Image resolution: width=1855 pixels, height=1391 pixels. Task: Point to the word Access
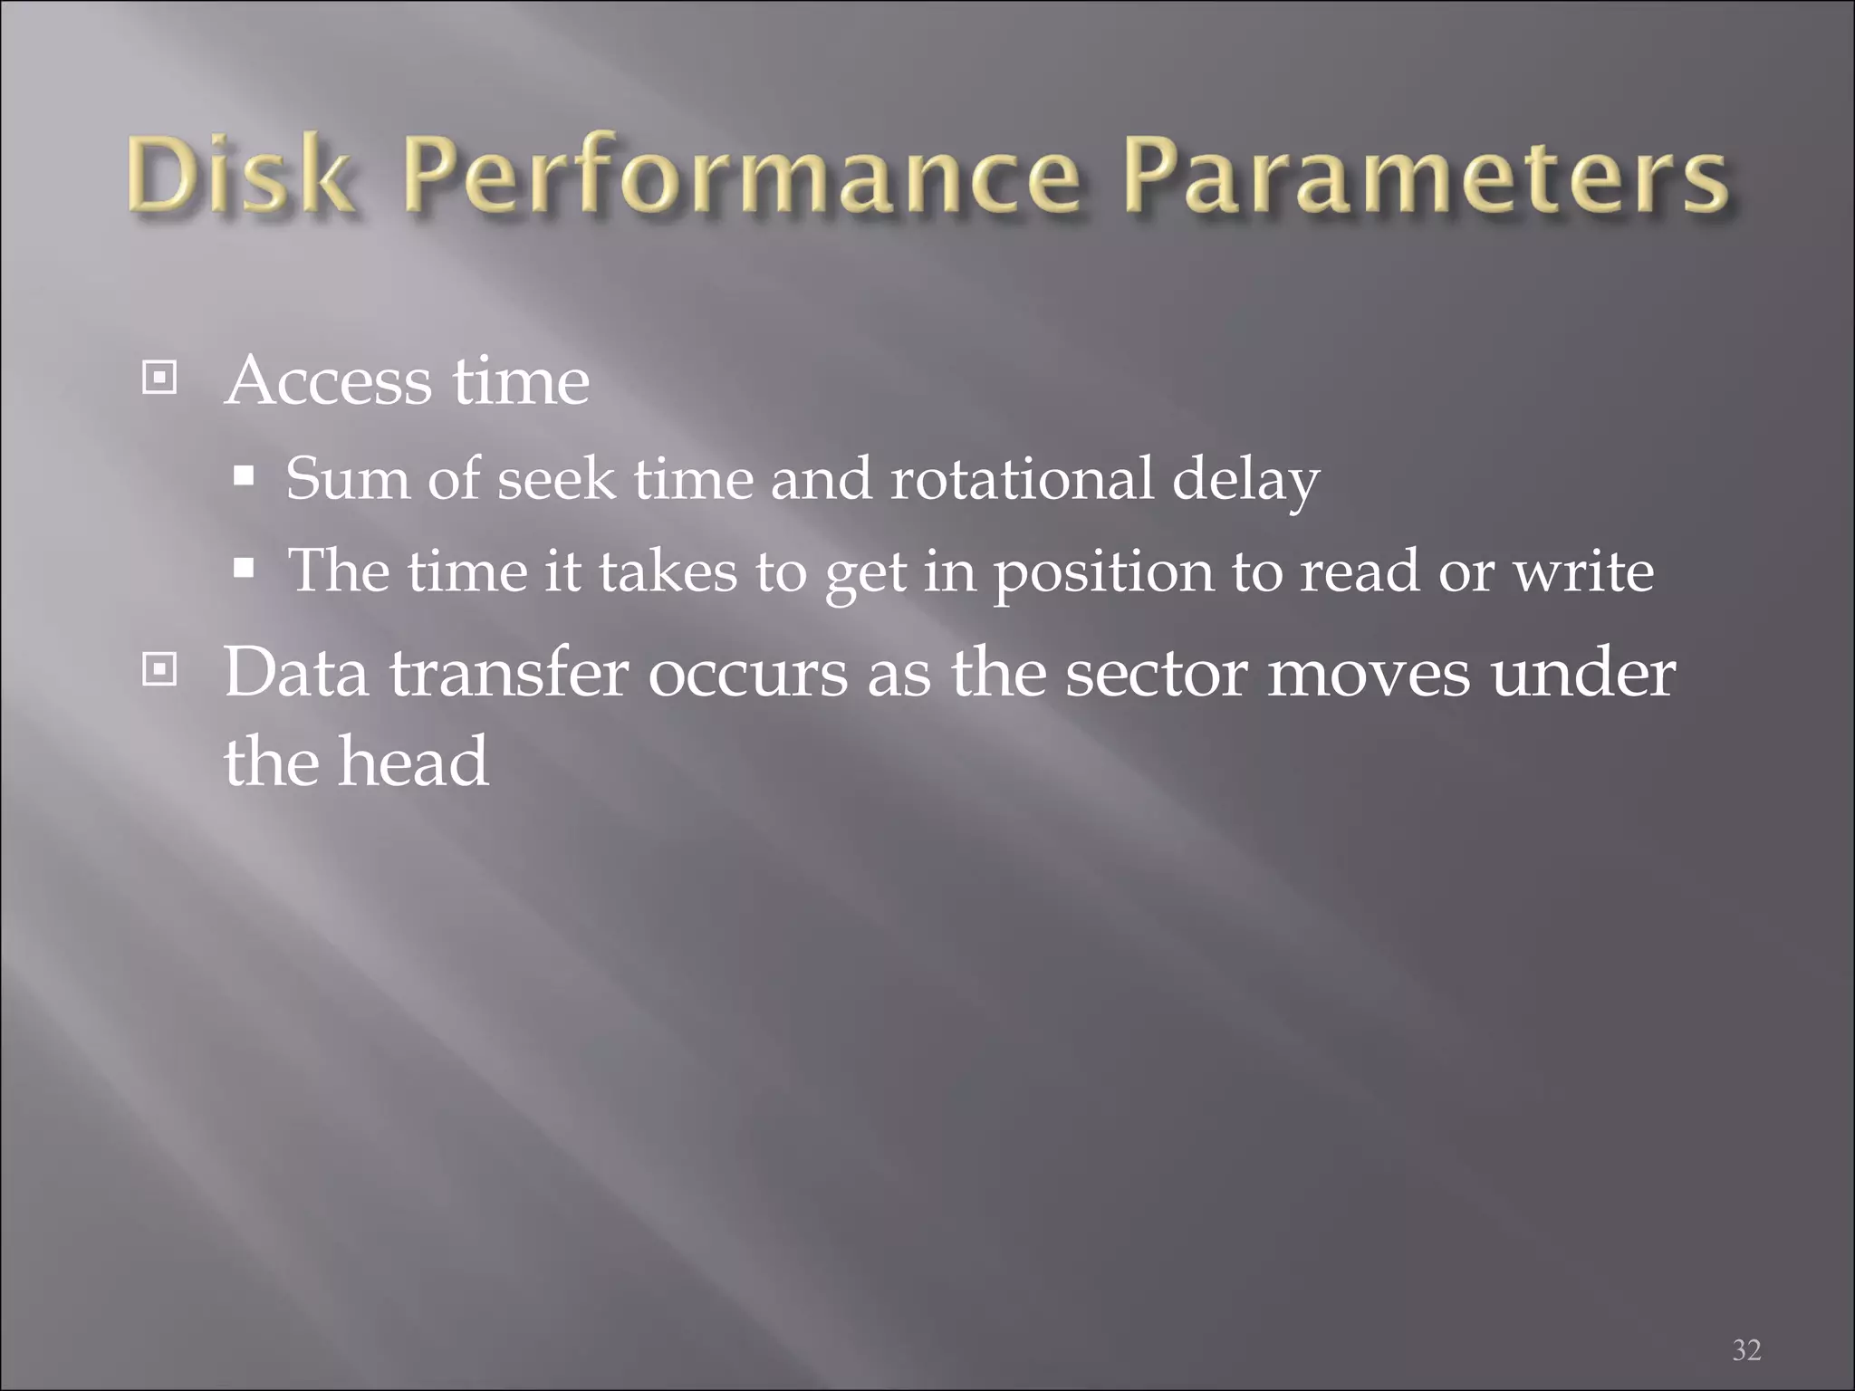(328, 380)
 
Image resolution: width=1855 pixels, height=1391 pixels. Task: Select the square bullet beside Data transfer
(159, 670)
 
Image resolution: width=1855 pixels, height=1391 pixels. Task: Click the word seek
(556, 478)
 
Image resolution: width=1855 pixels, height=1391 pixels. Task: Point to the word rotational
(1023, 478)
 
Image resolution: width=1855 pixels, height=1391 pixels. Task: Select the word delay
(1245, 480)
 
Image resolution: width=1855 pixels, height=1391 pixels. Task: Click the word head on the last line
(413, 762)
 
